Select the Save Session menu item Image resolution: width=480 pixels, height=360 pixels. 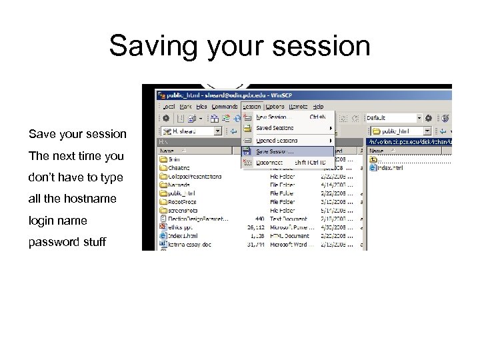(275, 152)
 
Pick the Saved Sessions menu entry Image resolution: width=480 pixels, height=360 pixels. (275, 128)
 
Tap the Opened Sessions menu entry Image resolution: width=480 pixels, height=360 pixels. (277, 141)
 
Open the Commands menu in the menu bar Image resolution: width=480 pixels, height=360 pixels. (224, 106)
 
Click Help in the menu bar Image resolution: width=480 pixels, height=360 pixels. (318, 106)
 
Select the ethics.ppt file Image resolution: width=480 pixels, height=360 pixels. (179, 227)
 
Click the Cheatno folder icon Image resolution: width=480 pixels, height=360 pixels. (163, 168)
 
